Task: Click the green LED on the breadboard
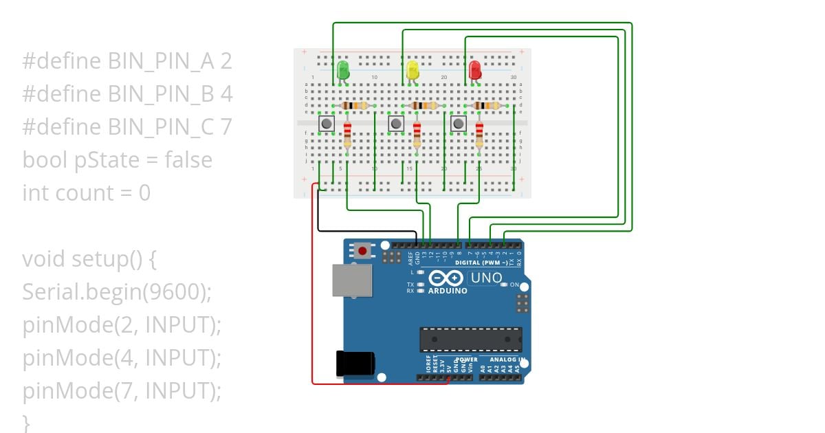point(343,69)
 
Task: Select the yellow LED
point(412,69)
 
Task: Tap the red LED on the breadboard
point(474,69)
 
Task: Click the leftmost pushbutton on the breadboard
point(327,124)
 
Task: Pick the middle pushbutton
point(396,124)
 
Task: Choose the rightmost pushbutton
point(458,124)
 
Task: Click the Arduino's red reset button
point(362,251)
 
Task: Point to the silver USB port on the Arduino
point(351,280)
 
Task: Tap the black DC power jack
point(355,364)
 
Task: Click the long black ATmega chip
point(471,339)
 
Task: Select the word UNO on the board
point(486,278)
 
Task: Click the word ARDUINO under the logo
point(448,291)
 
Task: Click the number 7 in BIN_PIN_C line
point(226,127)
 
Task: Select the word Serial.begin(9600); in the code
point(117,292)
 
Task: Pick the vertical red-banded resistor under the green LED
point(347,135)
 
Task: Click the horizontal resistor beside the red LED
point(487,106)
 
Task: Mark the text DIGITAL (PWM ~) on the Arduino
point(481,263)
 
